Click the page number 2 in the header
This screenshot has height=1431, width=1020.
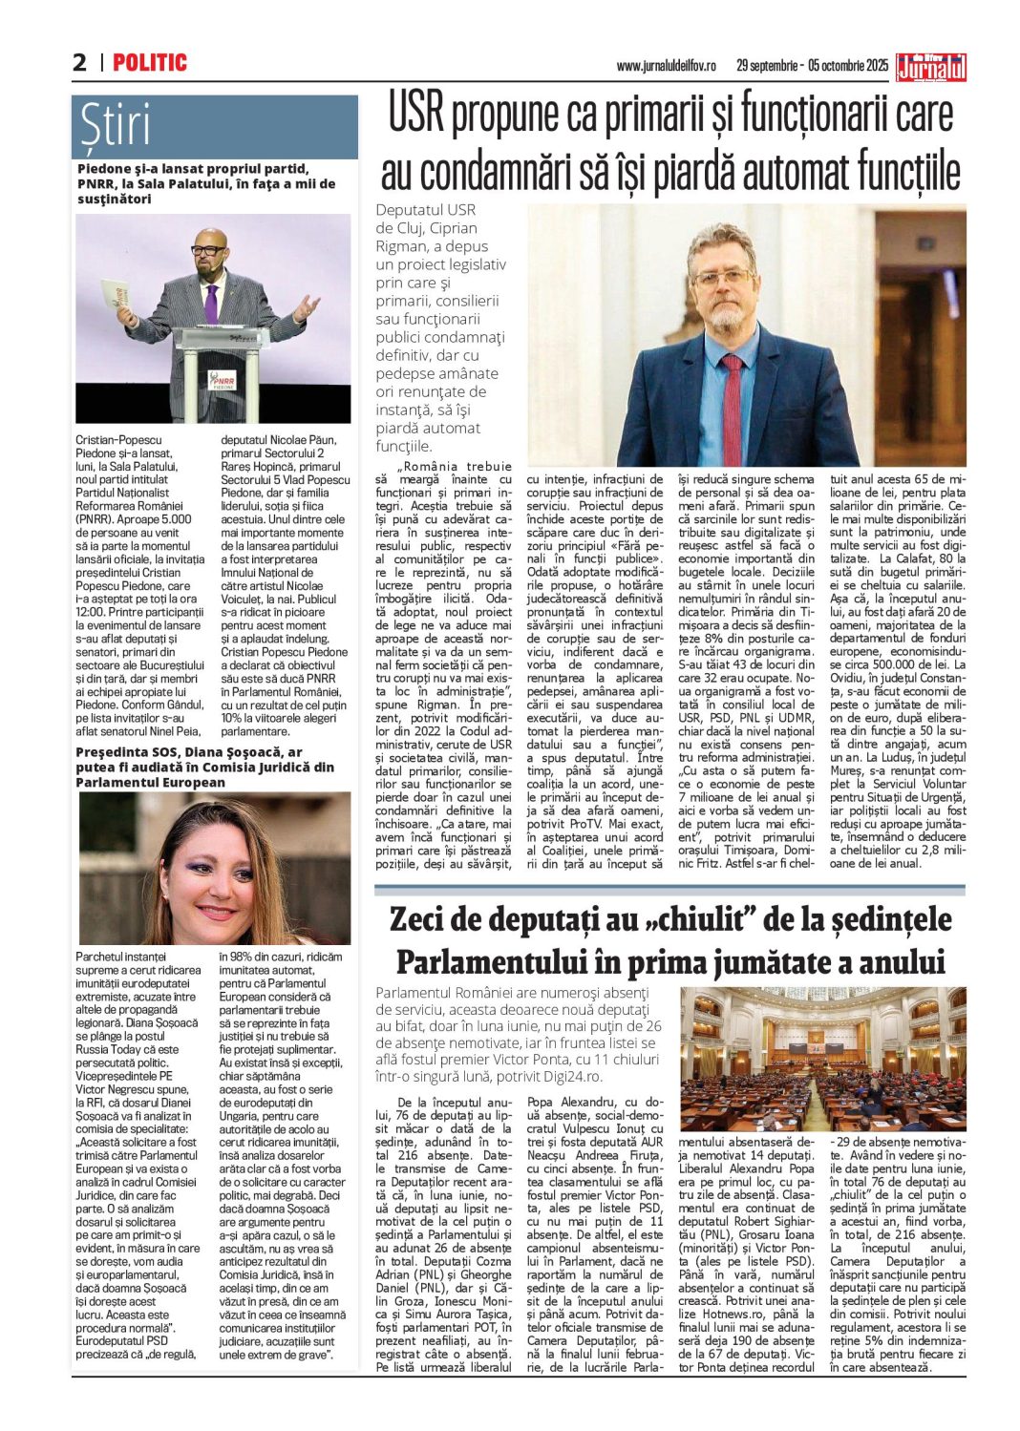[79, 63]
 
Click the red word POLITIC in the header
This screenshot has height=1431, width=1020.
[150, 63]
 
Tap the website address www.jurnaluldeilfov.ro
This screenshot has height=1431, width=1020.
[666, 66]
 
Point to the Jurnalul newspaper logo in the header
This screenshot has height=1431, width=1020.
[931, 66]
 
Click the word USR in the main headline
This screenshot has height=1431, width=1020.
[416, 114]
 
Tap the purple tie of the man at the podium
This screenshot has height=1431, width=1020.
[211, 304]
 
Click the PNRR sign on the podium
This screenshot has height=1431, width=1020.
[222, 381]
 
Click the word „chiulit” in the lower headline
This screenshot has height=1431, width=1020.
[682, 919]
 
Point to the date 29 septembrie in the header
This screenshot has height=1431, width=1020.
[768, 66]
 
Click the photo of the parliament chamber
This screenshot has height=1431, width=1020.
[822, 1059]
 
